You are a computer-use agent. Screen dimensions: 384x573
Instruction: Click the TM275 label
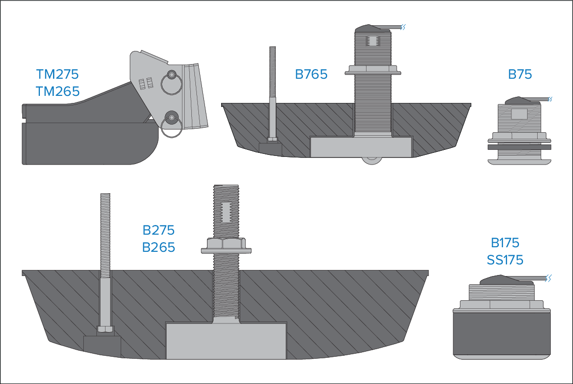pos(58,74)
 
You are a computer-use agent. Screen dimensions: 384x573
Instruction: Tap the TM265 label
pos(58,91)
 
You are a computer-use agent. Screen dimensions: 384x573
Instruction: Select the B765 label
pos(311,74)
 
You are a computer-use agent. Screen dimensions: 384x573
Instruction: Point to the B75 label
pos(520,74)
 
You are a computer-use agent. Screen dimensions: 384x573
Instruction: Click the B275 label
pos(159,230)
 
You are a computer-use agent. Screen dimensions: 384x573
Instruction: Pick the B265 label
pos(159,247)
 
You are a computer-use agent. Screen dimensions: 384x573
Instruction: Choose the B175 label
pos(505,243)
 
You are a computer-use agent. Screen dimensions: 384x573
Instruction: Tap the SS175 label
pos(505,260)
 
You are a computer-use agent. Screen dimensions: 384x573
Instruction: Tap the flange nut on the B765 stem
pos(373,70)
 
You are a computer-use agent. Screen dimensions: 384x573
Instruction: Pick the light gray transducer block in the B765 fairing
pos(360,147)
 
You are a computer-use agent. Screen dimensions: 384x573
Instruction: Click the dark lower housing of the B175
pos(501,334)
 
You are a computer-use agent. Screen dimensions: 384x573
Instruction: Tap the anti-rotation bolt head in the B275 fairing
pos(105,329)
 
